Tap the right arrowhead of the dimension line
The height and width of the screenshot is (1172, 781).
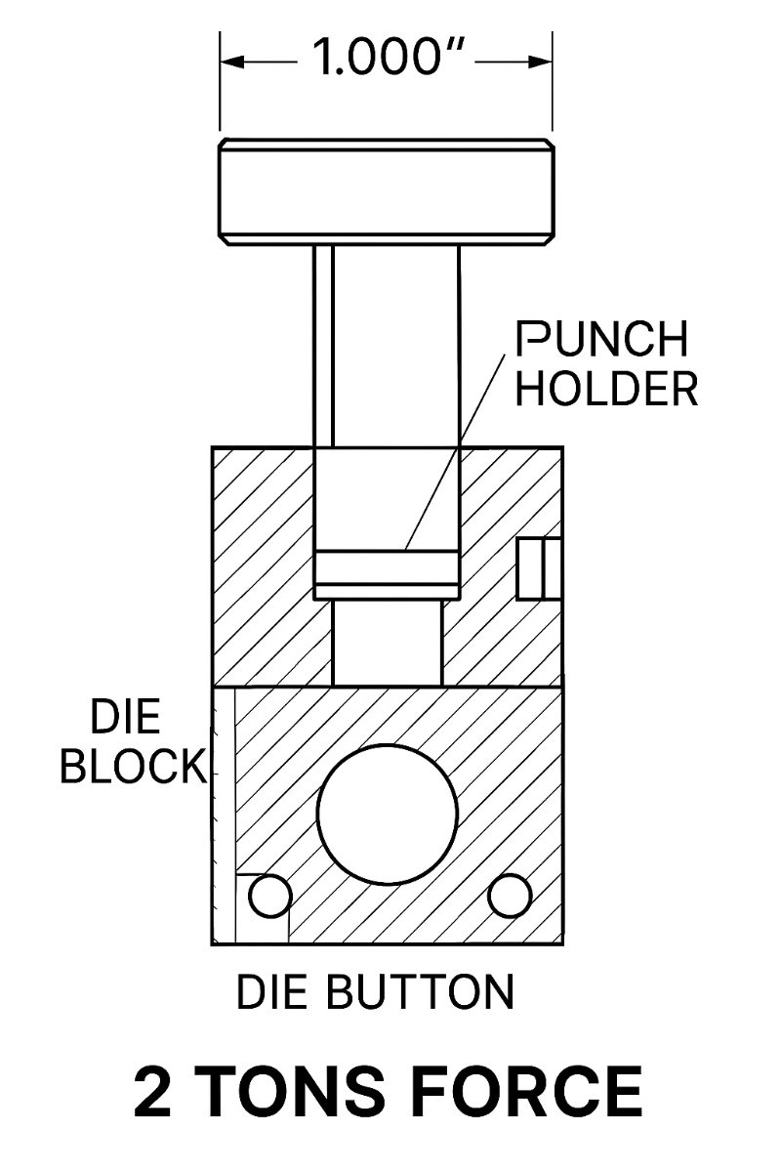(x=543, y=60)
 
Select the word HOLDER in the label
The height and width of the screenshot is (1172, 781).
(x=606, y=388)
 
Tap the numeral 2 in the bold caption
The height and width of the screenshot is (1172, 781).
(x=152, y=1092)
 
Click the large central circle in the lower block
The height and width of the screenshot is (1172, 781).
(x=388, y=815)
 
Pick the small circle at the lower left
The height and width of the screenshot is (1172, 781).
(x=269, y=897)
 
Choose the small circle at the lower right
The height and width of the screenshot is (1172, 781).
(x=509, y=897)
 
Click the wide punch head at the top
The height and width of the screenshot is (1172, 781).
(x=387, y=190)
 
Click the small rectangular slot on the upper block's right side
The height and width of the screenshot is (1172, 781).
(x=539, y=567)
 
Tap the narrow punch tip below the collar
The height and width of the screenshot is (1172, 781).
(x=388, y=643)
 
